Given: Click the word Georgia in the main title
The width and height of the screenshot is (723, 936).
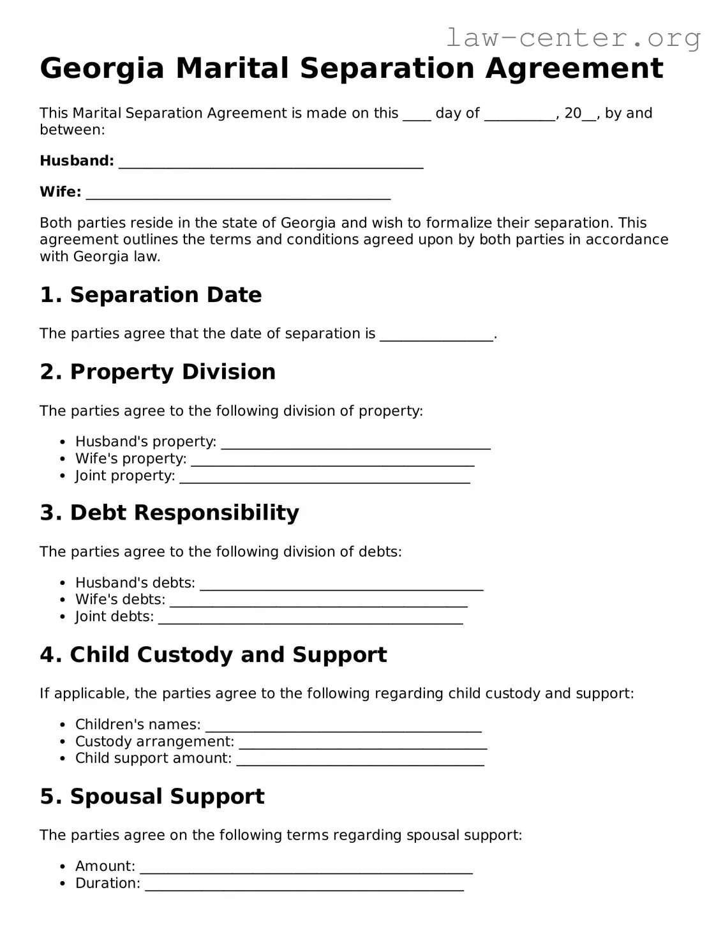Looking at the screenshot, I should point(102,68).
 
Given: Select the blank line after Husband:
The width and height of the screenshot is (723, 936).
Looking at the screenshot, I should point(271,162).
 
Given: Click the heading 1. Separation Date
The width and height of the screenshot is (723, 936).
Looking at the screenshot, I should point(151,295).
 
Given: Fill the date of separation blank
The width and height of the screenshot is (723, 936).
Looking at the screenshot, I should point(436,335).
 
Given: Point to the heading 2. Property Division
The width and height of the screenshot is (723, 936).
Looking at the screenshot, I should point(158,372).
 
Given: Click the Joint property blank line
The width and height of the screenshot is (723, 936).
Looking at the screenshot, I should point(325,477).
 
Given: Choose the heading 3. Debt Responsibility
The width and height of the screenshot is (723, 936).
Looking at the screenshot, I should point(169,513).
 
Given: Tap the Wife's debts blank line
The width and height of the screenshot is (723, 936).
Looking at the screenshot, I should point(318,601).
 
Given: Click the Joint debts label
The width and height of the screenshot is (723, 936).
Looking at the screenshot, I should point(114,617).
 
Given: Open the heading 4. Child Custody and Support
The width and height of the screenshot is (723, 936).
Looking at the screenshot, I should point(213,655).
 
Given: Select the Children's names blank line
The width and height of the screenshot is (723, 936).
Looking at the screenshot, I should point(343,726).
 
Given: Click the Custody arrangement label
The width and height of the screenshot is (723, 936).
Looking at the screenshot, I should point(154,742).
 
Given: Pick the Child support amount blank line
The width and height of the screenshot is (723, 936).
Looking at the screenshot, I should point(360,760).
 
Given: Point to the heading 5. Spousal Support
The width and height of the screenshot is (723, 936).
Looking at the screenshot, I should point(152,797).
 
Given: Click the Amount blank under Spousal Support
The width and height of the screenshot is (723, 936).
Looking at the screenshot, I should point(306,868).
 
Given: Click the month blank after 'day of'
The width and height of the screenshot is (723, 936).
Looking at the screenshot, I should point(519,115).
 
